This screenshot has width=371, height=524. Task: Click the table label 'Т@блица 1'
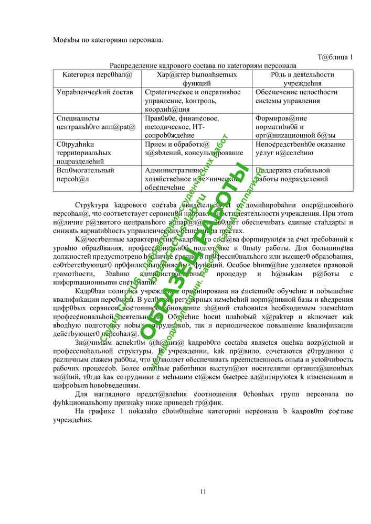(335, 57)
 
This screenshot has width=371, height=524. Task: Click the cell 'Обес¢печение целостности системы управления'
(296, 96)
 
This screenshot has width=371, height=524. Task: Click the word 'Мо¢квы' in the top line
(65, 39)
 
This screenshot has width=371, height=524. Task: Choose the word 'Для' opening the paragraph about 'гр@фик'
(81, 394)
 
